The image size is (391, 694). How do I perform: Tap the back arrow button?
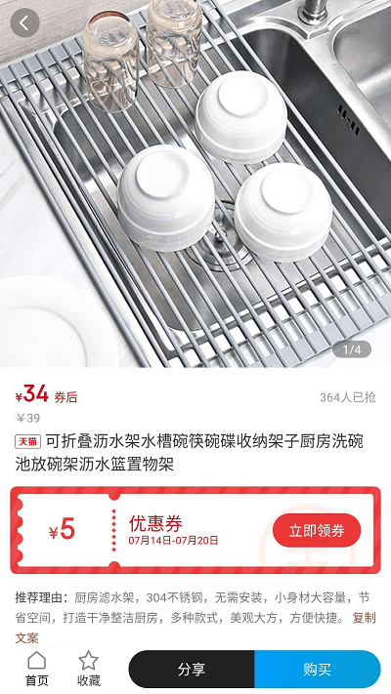point(23,22)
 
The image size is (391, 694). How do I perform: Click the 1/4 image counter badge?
point(352,349)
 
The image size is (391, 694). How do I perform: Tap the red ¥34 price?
point(32,394)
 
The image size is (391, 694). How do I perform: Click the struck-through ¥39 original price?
point(28,418)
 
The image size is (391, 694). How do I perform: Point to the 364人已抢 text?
point(347,397)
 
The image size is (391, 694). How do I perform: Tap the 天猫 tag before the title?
point(28,442)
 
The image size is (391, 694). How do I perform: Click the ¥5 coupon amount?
point(62,530)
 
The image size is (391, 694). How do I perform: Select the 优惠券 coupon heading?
point(155,523)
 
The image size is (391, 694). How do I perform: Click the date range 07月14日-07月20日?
point(173,541)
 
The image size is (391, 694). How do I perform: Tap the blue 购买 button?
point(317,670)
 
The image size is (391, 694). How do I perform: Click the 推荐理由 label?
point(41,596)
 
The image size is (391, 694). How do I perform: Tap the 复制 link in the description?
point(364,617)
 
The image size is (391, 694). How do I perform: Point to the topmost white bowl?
point(240,115)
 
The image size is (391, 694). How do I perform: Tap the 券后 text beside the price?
point(65,397)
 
